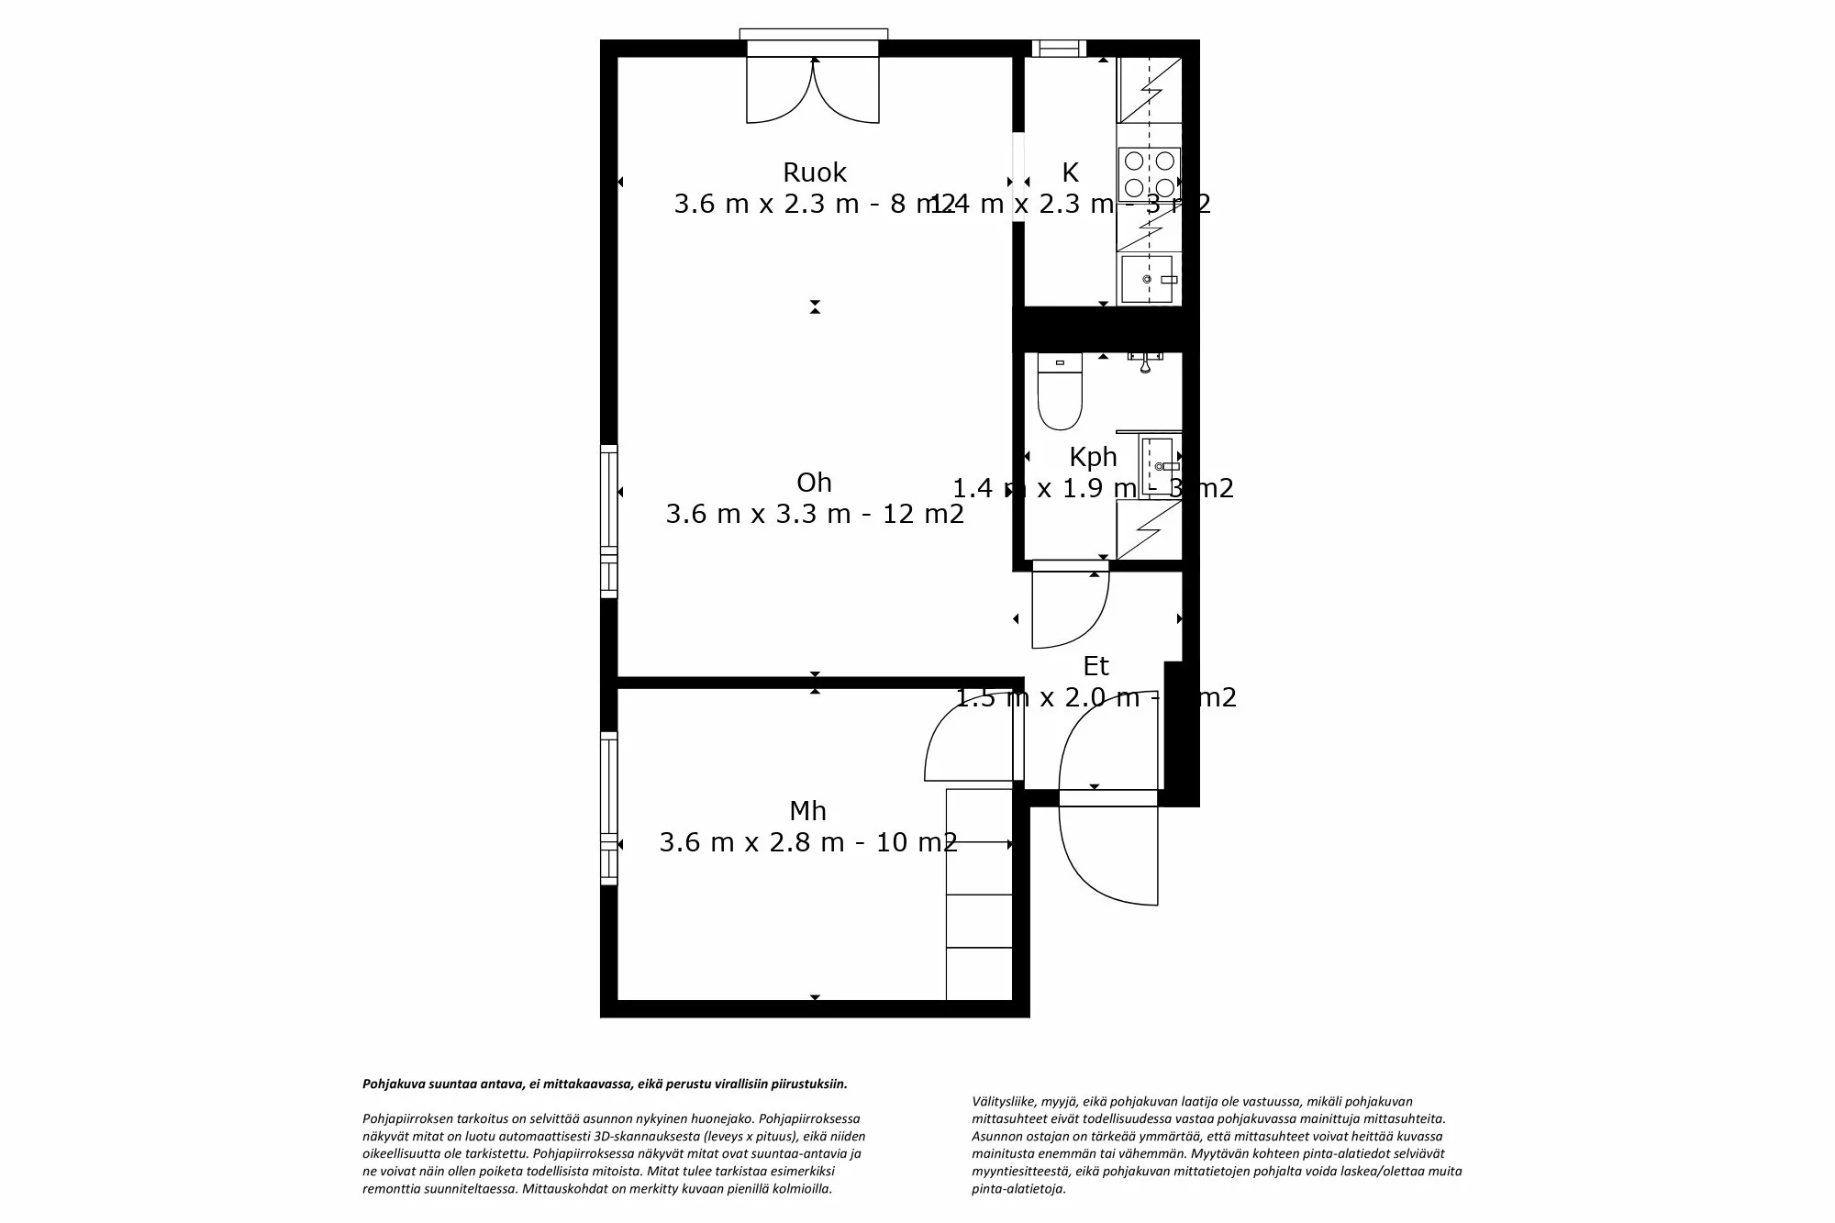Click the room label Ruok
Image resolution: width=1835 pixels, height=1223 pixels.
(814, 172)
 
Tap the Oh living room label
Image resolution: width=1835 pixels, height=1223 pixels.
(814, 483)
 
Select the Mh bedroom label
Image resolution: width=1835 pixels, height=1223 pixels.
(807, 811)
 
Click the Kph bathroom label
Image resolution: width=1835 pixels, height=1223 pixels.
(1093, 457)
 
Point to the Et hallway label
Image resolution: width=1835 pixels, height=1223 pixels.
(1095, 666)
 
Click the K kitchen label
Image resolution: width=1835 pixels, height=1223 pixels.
(1070, 172)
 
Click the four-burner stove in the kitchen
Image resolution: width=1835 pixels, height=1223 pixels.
(1149, 174)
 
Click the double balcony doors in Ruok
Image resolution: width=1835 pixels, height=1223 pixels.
(813, 90)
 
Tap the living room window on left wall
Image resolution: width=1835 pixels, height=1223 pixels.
(608, 521)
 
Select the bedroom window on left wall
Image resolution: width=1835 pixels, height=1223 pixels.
(608, 807)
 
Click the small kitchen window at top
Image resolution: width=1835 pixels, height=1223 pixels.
(1059, 49)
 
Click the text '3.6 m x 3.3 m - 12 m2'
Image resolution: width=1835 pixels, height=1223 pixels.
(814, 514)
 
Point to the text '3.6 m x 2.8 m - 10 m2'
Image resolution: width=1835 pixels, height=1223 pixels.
(807, 842)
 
